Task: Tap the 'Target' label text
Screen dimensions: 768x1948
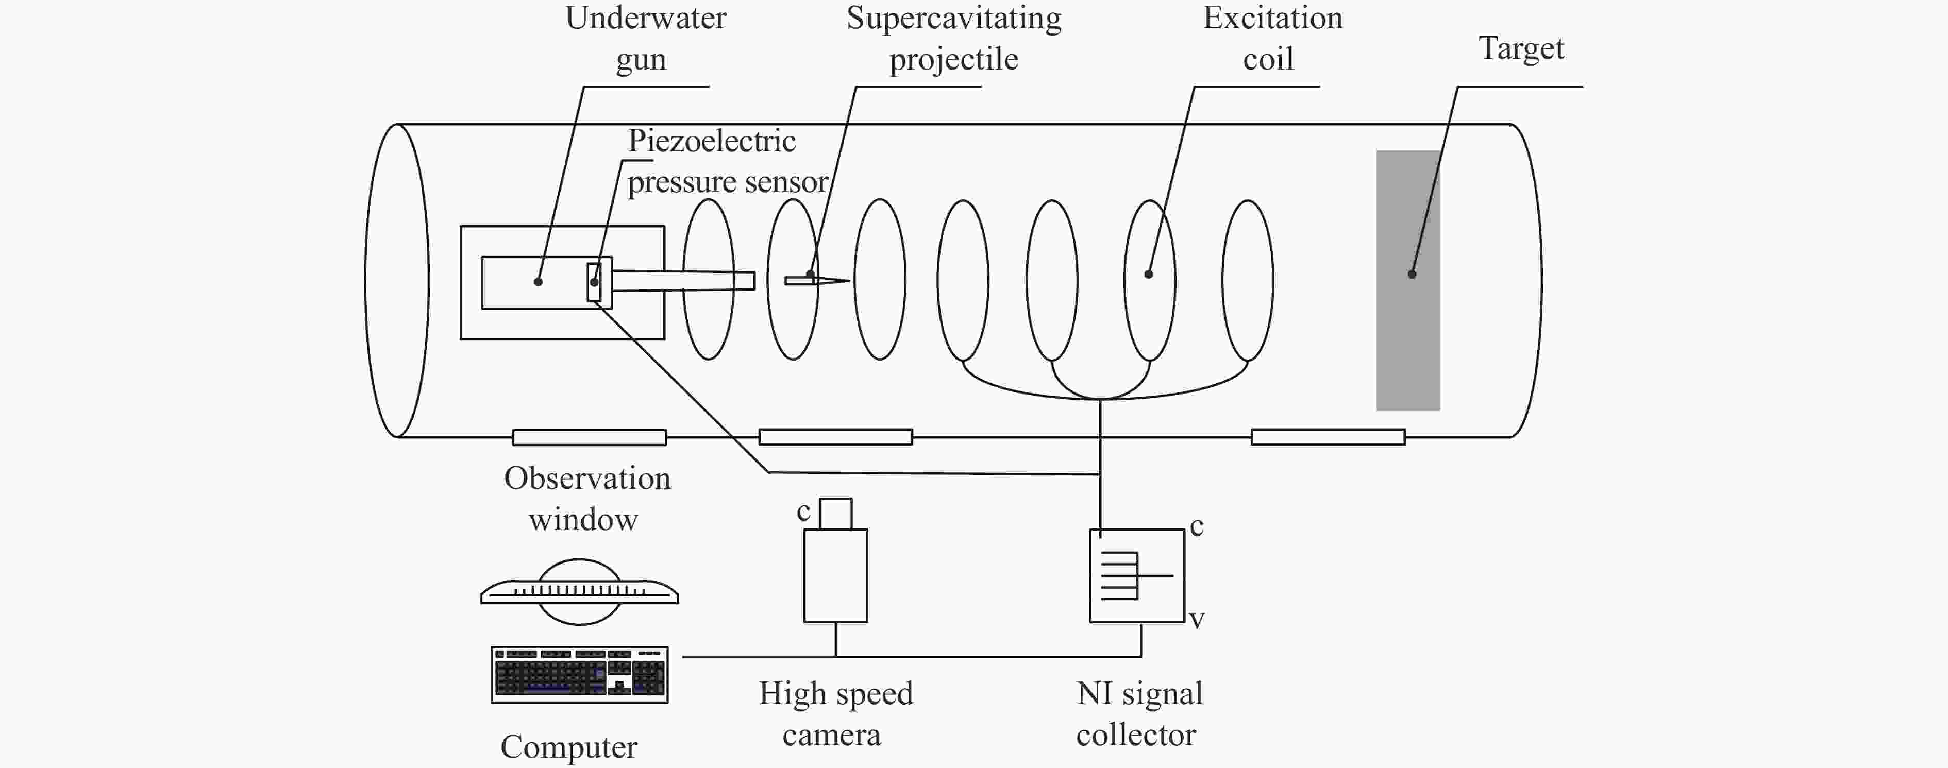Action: tap(1521, 48)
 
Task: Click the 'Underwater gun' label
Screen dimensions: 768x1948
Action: tap(645, 38)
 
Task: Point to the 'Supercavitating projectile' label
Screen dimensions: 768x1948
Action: tap(953, 38)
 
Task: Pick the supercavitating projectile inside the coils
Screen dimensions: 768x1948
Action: tap(817, 280)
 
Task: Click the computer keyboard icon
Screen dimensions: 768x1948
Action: tap(579, 674)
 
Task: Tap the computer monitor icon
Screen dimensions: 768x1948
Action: tap(579, 591)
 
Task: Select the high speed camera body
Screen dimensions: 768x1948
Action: tap(835, 575)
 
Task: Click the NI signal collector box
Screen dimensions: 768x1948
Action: tap(1136, 575)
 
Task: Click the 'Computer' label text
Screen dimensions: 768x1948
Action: tap(568, 747)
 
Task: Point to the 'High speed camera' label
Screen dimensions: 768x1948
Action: tap(835, 713)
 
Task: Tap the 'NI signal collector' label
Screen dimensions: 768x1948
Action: tap(1139, 713)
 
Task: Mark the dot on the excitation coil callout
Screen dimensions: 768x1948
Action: tap(1148, 274)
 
